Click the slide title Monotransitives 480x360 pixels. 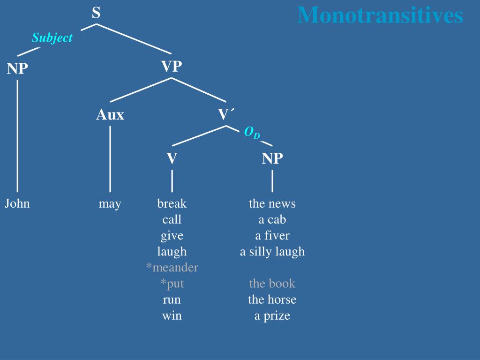click(x=380, y=15)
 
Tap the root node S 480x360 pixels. click(x=96, y=13)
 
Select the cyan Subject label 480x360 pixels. click(x=52, y=38)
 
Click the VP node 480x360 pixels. click(x=172, y=67)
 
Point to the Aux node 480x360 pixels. click(x=110, y=114)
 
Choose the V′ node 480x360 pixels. click(x=226, y=114)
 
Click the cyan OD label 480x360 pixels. click(x=252, y=133)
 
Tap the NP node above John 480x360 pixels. click(x=17, y=69)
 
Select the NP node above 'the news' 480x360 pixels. click(x=272, y=158)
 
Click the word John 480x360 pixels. click(x=17, y=203)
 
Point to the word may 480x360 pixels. click(x=110, y=204)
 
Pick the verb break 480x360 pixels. click(x=172, y=203)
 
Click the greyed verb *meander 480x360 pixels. click(x=172, y=267)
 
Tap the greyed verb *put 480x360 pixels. click(x=172, y=283)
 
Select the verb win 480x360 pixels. click(x=172, y=315)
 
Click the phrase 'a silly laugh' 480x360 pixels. click(x=272, y=252)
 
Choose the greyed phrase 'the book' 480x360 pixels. click(x=272, y=283)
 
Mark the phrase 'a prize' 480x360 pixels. click(x=272, y=315)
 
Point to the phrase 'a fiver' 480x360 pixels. click(x=272, y=235)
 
